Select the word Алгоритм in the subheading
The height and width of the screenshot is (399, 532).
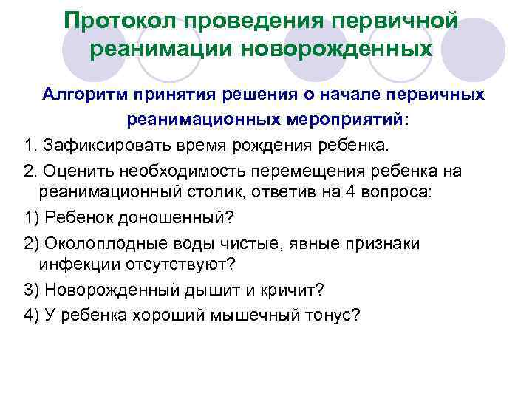coord(86,95)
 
